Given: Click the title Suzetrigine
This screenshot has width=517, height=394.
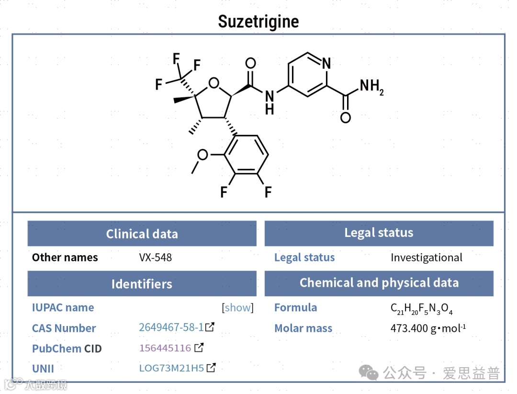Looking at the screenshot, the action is pyautogui.click(x=258, y=22).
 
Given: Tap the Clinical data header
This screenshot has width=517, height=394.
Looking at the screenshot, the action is pyautogui.click(x=142, y=234).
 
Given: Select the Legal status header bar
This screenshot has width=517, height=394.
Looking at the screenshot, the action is pyautogui.click(x=379, y=233).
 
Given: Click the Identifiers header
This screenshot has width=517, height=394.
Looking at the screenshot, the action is pyautogui.click(x=142, y=284).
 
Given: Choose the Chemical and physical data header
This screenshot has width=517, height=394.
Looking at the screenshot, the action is pyautogui.click(x=379, y=283).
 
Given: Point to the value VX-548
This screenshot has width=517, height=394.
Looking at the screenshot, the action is pyautogui.click(x=155, y=258).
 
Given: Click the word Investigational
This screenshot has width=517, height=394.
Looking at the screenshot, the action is pyautogui.click(x=426, y=258).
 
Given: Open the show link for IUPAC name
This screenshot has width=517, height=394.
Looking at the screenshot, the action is pyautogui.click(x=238, y=307).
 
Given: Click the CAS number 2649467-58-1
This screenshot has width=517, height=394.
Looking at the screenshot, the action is pyautogui.click(x=171, y=327).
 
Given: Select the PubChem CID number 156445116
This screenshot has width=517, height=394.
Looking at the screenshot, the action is pyautogui.click(x=165, y=348).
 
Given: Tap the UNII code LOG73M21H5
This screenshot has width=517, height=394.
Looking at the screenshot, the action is pyautogui.click(x=171, y=368).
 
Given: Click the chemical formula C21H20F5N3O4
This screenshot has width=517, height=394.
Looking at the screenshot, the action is pyautogui.click(x=421, y=308).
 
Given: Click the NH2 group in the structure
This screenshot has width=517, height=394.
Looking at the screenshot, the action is pyautogui.click(x=371, y=87).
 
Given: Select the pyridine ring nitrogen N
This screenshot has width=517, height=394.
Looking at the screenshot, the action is pyautogui.click(x=326, y=63).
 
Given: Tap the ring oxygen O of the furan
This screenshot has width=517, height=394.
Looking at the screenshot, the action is pyautogui.click(x=214, y=84).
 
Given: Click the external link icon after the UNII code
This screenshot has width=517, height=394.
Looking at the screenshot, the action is pyautogui.click(x=211, y=368).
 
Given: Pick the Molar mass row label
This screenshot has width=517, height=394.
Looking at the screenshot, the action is pyautogui.click(x=303, y=328).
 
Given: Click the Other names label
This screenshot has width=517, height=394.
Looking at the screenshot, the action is pyautogui.click(x=65, y=258).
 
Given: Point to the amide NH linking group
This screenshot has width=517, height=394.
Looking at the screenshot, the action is pyautogui.click(x=270, y=102).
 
